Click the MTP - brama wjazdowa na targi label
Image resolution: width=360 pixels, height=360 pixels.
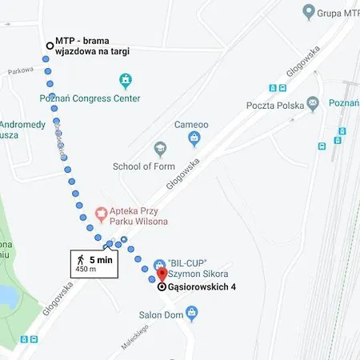[x=92, y=46]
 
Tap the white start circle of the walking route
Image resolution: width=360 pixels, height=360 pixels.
[x=49, y=46]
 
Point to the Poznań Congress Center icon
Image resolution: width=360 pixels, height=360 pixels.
[x=125, y=81]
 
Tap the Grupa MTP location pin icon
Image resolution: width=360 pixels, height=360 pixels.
[x=309, y=11]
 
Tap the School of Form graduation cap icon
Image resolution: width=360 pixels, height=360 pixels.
[x=161, y=150]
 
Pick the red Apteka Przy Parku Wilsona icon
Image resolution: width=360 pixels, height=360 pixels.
[x=102, y=213]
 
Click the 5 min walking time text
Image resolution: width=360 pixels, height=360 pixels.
[x=100, y=259]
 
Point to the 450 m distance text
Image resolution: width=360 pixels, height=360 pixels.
[x=87, y=270]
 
